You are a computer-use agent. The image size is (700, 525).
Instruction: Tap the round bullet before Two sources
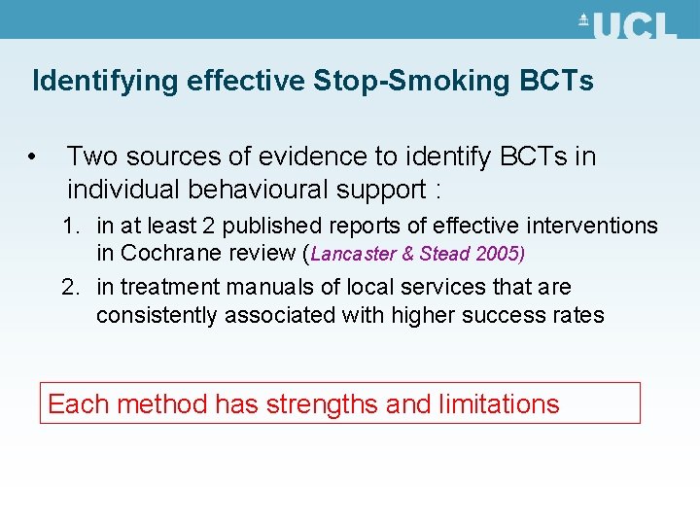pos(33,156)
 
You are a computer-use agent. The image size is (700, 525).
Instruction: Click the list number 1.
pos(69,227)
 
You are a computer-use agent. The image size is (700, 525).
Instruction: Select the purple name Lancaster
pos(352,255)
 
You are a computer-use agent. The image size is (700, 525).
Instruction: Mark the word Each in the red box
pos(73,403)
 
